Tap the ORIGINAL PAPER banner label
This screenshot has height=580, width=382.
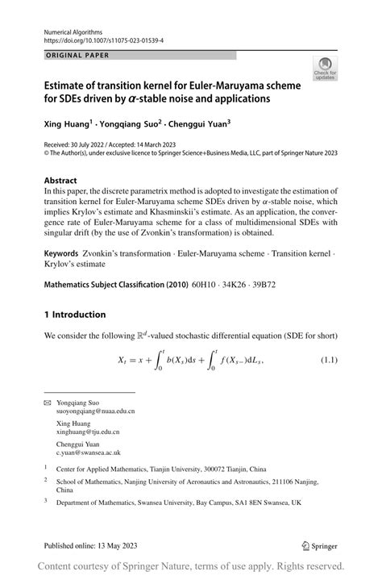pyautogui.click(x=73, y=56)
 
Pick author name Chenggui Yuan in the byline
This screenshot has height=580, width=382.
pyautogui.click(x=196, y=124)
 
